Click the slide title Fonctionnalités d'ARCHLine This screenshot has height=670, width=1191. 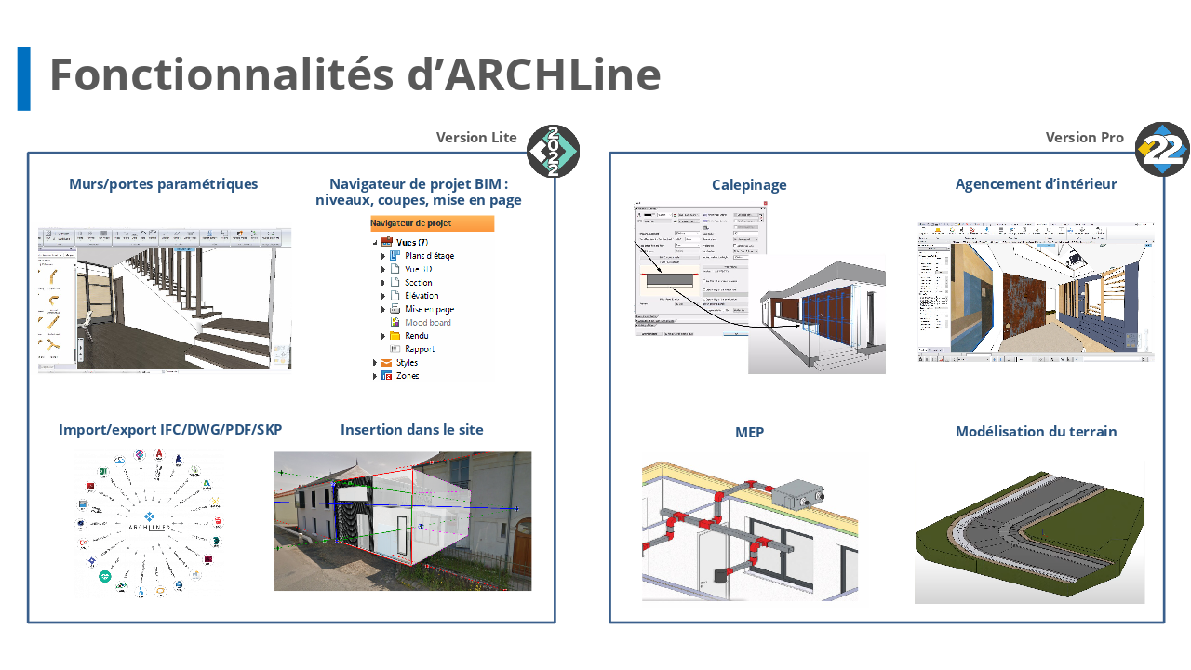tap(355, 74)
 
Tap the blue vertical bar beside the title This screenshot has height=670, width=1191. tap(24, 79)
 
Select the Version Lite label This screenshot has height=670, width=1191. tap(476, 138)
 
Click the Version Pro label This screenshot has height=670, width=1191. tap(1084, 138)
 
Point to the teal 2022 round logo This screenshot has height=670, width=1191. tap(554, 151)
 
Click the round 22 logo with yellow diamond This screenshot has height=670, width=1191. tap(1162, 149)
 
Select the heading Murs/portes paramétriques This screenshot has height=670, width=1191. tap(164, 184)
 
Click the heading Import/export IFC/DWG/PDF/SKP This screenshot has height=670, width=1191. tap(170, 430)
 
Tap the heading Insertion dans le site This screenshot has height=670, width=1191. tap(412, 430)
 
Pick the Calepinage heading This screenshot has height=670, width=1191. tap(749, 185)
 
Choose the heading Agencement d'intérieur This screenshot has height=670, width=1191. tap(1036, 184)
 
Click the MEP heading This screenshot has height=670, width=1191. tap(749, 433)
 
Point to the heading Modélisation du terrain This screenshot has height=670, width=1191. tap(1036, 432)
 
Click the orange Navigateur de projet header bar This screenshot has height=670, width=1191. tap(432, 223)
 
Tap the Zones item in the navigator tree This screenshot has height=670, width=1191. tap(407, 376)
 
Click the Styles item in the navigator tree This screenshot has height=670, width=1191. tap(407, 363)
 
